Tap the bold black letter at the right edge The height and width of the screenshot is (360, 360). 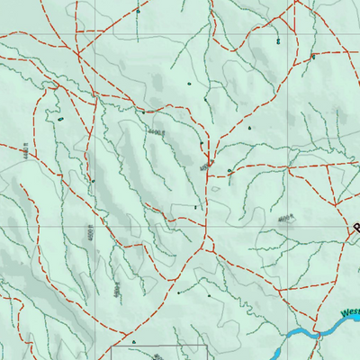[355, 229]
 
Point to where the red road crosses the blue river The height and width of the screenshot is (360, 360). [316, 334]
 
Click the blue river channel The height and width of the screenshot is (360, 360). [297, 338]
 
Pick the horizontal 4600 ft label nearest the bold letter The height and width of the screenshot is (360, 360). [287, 219]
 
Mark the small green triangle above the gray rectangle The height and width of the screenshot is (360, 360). [133, 342]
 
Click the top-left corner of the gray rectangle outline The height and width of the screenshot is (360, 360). [112, 346]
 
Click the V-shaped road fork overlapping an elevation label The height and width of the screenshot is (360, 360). [208, 161]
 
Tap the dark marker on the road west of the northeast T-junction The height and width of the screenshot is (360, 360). [277, 41]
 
